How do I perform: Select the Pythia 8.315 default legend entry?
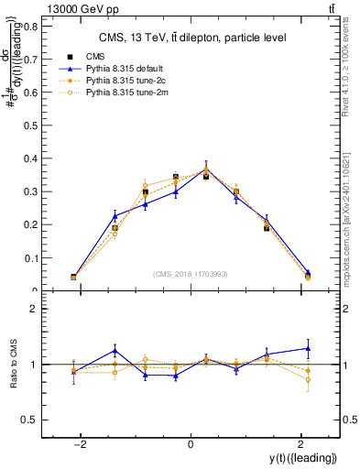tap(119, 69)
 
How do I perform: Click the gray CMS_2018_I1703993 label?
tap(190, 274)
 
